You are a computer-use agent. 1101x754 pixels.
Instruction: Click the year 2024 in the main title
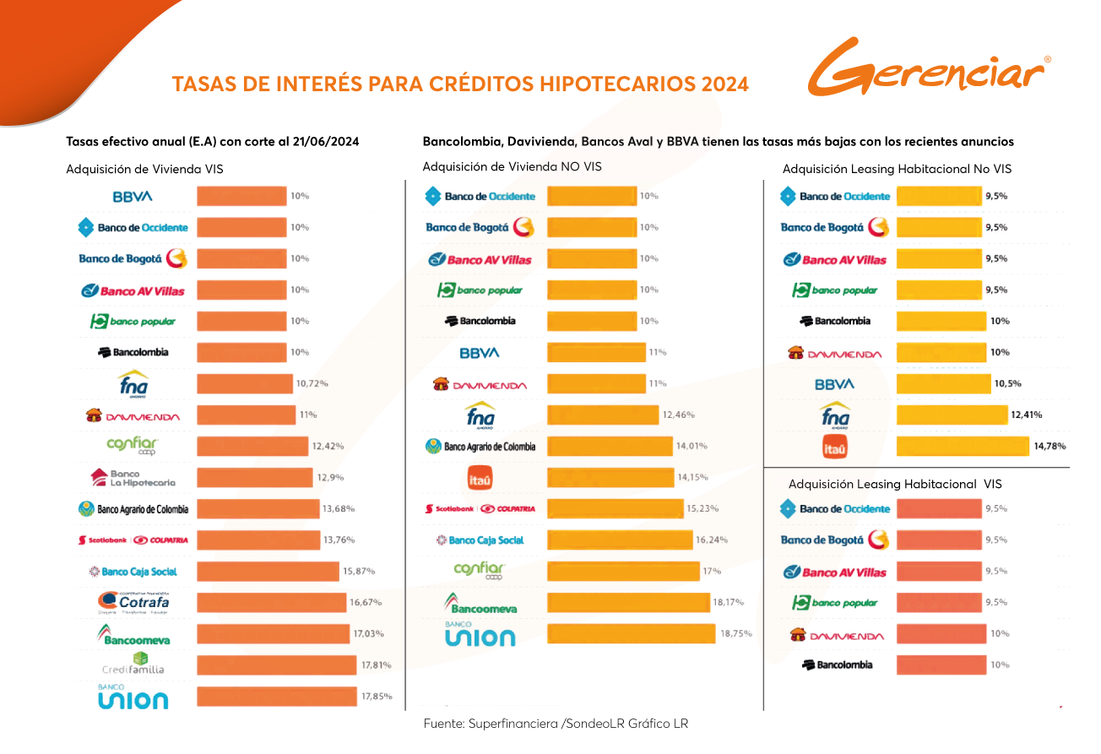(724, 84)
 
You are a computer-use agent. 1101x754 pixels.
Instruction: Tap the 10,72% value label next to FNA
(312, 383)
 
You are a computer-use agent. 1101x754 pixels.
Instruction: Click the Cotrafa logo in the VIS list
(133, 603)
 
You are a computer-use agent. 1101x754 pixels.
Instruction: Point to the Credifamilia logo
(133, 664)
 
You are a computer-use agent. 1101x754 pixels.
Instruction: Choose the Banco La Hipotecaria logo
(133, 478)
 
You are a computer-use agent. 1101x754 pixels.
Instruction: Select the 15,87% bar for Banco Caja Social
(268, 572)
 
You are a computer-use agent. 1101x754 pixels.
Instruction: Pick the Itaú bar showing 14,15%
(610, 478)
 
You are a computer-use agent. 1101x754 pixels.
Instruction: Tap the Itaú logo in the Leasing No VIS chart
(834, 447)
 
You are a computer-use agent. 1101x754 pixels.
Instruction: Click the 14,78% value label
(1049, 446)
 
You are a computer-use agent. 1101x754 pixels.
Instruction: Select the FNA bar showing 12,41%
(952, 415)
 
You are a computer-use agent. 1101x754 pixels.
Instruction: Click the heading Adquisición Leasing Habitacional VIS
(894, 485)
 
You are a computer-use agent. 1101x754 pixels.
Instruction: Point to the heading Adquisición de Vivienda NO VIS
(512, 167)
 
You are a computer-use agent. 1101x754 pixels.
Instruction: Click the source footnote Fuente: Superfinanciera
(556, 724)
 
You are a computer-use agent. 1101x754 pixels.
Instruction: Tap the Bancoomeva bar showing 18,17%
(628, 602)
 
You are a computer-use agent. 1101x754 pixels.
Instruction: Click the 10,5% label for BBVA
(1007, 383)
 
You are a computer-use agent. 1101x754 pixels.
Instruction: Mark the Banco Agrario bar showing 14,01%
(610, 446)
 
